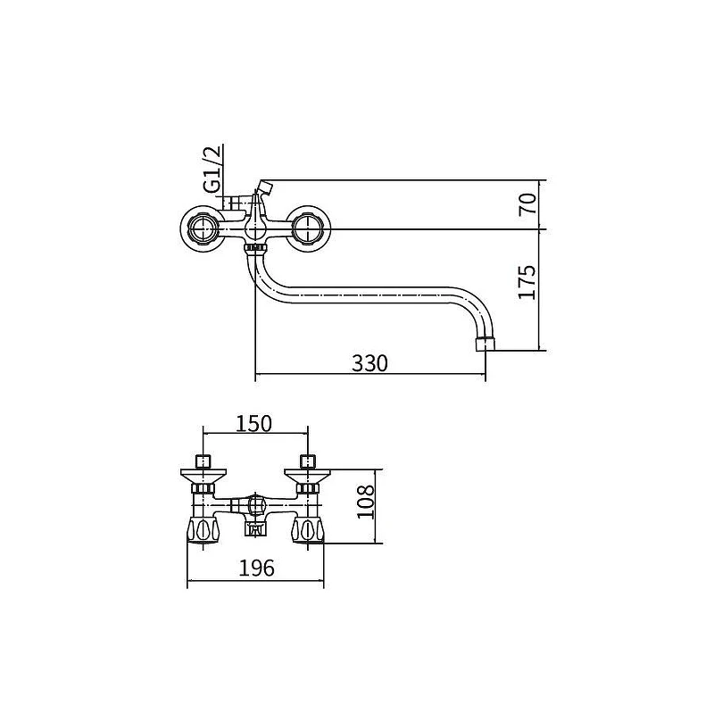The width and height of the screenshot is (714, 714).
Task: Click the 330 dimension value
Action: tap(369, 363)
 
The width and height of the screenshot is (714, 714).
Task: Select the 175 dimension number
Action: tap(527, 282)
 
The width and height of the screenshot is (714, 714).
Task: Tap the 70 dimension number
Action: tap(527, 203)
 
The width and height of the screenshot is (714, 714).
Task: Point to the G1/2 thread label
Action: tap(212, 168)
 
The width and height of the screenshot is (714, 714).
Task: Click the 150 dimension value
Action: tap(253, 423)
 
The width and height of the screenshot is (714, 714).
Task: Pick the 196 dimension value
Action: tap(257, 568)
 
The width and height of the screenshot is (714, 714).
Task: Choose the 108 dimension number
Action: tap(365, 502)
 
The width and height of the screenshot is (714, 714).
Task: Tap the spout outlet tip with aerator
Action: tap(485, 344)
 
